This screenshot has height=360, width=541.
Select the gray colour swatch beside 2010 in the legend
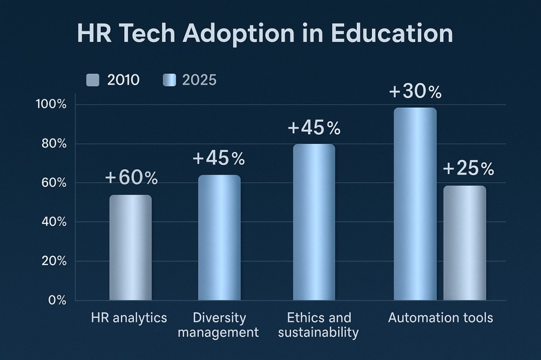pos(93,80)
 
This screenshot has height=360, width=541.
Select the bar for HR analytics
pos(130,248)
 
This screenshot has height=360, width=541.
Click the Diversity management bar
pos(219,238)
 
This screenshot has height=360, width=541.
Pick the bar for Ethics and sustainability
pos(314,222)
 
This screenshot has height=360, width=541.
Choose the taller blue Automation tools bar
pos(415,204)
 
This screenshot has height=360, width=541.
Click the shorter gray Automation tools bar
pos(465,243)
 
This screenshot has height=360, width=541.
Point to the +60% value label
pos(131,178)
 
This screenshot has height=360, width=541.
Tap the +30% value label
pos(415,92)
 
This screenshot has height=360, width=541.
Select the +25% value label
pos(468,169)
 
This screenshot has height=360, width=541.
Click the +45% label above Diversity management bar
pos(218,159)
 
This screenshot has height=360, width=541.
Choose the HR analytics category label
pos(129,318)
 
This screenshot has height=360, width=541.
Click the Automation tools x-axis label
pos(440,318)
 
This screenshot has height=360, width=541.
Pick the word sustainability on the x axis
pos(319,332)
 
